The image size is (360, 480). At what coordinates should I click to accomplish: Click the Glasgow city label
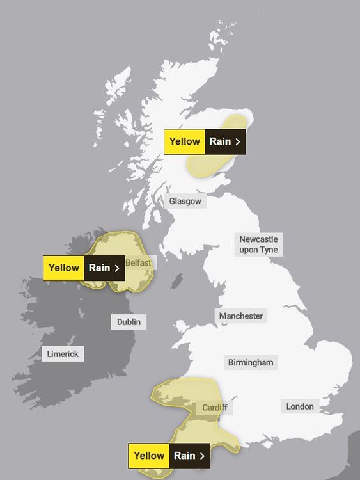185,201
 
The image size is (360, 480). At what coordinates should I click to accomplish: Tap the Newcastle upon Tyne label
258,244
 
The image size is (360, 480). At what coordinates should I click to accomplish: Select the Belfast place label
139,263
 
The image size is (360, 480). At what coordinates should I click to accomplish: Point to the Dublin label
129,322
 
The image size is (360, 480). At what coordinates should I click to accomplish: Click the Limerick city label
63,354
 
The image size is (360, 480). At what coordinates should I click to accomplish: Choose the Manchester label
241,316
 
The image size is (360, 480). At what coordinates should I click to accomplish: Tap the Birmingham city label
251,363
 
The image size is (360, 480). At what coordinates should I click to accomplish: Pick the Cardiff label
214,408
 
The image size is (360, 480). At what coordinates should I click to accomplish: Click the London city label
300,406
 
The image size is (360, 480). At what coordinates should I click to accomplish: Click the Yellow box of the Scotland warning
185,141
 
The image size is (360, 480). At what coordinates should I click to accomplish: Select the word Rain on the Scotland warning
219,141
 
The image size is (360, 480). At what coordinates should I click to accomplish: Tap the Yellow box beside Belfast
64,268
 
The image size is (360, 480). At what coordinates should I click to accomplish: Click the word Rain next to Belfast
99,268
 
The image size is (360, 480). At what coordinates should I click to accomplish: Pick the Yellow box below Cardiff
149,456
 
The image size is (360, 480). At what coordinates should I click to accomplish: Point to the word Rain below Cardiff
184,456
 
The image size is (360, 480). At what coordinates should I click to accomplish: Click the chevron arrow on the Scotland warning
238,142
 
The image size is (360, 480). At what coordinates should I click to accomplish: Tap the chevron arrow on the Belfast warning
117,268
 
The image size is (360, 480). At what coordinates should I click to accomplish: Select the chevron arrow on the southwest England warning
202,456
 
